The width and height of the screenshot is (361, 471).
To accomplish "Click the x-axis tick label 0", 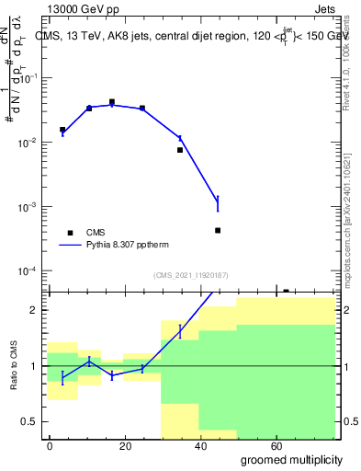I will pyautogui.click(x=50, y=445).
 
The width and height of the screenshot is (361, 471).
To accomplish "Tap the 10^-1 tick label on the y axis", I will pyautogui.click(x=27, y=78).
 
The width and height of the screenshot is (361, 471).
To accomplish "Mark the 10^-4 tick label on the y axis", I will pyautogui.click(x=27, y=271).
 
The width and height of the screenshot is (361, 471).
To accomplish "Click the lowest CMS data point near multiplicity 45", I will pyautogui.click(x=218, y=230).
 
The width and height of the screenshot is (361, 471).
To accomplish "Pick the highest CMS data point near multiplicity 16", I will pyautogui.click(x=112, y=102).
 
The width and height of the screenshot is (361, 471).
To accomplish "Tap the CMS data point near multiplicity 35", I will pyautogui.click(x=180, y=149).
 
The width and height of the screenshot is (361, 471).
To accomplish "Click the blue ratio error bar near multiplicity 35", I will pyautogui.click(x=180, y=331).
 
